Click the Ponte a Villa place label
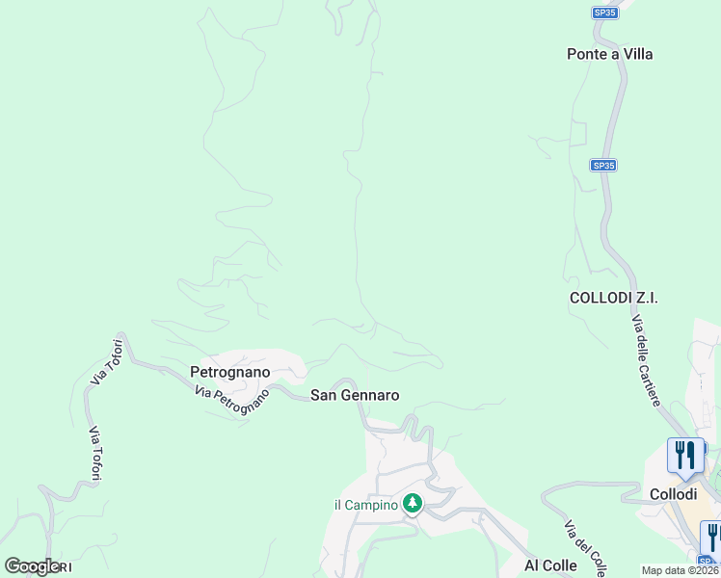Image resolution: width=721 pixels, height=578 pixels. coord(609,54)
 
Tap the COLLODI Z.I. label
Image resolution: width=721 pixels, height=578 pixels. coord(613,298)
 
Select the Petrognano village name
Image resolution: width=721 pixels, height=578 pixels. coord(229,371)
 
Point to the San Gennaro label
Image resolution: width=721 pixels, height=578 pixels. coord(355,395)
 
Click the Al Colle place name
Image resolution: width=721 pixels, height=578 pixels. coord(550,565)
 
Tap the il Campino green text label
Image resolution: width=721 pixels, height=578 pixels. coord(365,505)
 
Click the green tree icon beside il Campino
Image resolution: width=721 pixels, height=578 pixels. coord(413,503)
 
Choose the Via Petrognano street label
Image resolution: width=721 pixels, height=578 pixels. coord(231,397)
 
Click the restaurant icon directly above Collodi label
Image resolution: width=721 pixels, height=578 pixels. coord(684,455)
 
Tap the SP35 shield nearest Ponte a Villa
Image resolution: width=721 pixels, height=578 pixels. coord(604,13)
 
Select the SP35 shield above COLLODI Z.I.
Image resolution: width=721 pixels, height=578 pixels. coord(603,166)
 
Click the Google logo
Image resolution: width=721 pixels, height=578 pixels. coord(33,566)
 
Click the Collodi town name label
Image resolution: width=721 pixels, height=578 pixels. coord(672,493)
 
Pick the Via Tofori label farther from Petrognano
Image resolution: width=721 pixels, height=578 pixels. coord(95,454)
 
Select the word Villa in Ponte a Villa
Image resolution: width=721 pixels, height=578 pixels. coord(635,54)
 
